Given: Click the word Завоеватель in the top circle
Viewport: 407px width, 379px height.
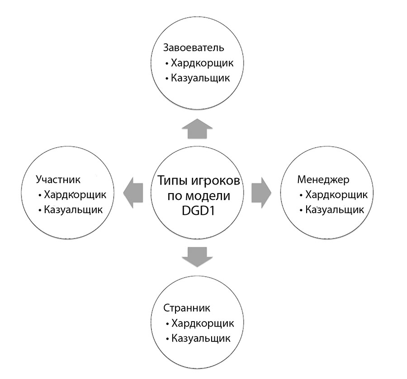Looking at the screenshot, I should click(194, 48).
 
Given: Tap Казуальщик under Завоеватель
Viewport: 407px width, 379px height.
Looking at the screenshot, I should click(200, 78).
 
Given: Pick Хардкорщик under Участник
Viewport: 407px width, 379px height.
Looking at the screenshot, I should click(75, 195).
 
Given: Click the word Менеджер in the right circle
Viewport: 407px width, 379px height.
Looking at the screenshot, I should click(323, 180).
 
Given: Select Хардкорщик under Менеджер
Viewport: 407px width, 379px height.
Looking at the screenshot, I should click(336, 195).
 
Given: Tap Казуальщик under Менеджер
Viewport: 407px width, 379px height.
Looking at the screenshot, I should click(335, 209).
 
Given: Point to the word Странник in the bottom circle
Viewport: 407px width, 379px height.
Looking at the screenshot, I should click(187, 308).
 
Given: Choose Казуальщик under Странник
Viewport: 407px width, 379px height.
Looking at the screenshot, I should click(201, 338).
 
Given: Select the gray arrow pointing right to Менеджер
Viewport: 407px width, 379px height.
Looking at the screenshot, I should click(261, 193).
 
